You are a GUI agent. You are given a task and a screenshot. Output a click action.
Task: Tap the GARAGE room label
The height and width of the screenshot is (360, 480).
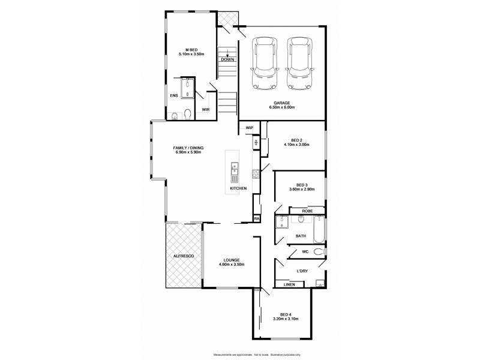click(282, 103)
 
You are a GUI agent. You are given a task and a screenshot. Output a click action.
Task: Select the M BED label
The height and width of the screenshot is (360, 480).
click(192, 49)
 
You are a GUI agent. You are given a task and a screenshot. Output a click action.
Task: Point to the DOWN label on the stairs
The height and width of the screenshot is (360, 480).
click(227, 59)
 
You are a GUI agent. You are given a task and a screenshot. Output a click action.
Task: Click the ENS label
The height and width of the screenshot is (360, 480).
click(174, 95)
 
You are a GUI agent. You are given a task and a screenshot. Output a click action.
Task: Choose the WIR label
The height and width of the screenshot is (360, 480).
click(205, 110)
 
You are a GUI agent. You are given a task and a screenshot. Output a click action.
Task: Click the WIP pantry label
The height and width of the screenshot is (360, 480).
click(250, 128)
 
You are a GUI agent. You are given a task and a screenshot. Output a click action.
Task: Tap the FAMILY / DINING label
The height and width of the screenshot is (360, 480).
click(188, 147)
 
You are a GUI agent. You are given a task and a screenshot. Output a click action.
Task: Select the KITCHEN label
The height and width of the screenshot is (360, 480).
click(238, 189)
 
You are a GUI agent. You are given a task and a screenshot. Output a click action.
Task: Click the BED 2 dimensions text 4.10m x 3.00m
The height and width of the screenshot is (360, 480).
click(296, 145)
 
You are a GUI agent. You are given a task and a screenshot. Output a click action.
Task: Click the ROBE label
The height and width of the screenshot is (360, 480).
click(307, 211)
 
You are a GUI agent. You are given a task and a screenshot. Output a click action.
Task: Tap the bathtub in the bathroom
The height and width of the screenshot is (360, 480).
click(318, 229)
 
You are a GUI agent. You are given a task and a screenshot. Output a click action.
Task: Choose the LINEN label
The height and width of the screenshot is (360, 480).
click(289, 284)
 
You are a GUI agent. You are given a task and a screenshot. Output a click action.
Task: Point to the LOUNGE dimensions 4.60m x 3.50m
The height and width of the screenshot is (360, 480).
click(231, 265)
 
